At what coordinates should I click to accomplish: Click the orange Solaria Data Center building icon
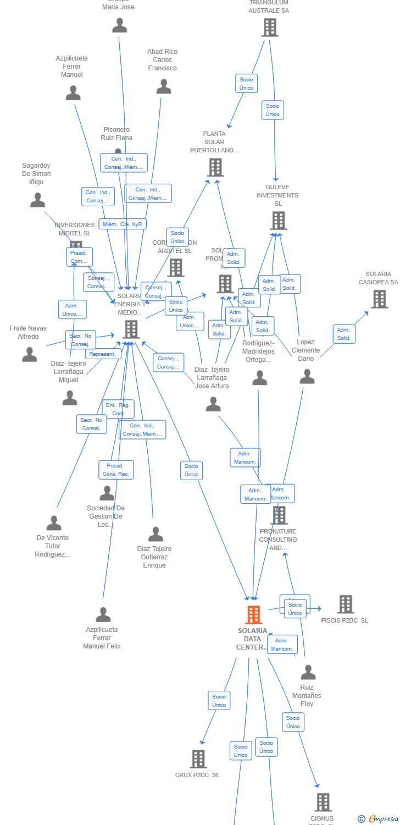tap(253, 615)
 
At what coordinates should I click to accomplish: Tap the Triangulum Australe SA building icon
tap(270, 27)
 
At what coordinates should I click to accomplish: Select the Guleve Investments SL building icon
tap(278, 221)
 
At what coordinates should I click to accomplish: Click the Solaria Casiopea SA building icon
tap(379, 299)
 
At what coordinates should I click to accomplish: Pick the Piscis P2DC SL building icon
tap(345, 604)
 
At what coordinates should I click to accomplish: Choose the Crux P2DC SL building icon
tap(198, 759)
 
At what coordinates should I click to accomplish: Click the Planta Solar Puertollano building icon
tap(215, 167)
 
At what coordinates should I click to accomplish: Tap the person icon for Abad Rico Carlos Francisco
tap(164, 87)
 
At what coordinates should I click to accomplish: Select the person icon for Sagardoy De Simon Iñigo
tap(37, 200)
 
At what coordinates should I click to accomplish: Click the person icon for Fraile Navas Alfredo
tap(30, 355)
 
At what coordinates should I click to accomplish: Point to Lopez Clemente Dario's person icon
tap(307, 377)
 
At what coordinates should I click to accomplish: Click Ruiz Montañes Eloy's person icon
tap(308, 673)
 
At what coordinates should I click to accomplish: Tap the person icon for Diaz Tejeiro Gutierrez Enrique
tap(155, 534)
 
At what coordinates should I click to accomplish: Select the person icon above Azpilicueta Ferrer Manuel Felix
tap(103, 615)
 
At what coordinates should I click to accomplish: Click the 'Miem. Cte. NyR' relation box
tap(123, 224)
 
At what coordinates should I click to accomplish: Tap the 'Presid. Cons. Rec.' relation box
tap(116, 470)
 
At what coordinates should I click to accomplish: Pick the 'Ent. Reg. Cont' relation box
tap(118, 409)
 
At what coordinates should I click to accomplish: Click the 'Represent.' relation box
tap(103, 354)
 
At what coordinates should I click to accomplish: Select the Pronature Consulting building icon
tap(280, 515)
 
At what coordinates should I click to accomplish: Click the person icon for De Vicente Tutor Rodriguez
tap(54, 523)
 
